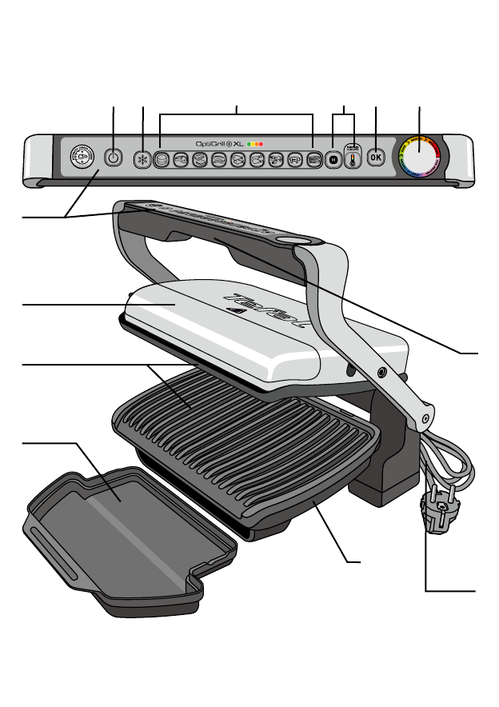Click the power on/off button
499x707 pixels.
[113, 158]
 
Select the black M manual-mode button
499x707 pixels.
[333, 158]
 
